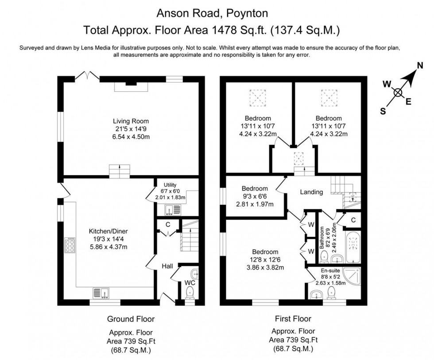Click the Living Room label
pyautogui.click(x=131, y=121)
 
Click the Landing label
pyautogui.click(x=311, y=192)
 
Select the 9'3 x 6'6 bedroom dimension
pyautogui.click(x=254, y=196)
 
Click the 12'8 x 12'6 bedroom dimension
pyautogui.click(x=265, y=260)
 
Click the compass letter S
pyautogui.click(x=383, y=111)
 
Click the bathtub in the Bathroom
pyautogui.click(x=353, y=247)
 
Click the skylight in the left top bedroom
pyautogui.click(x=256, y=96)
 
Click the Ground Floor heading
pyautogui.click(x=131, y=319)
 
